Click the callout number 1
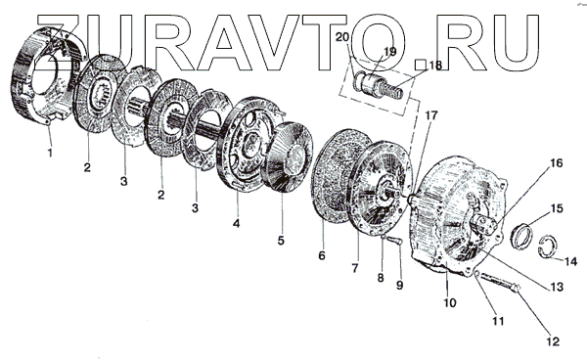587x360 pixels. coord(50,153)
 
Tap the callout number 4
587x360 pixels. coord(236,224)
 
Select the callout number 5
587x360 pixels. coord(281,241)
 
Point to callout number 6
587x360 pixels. coord(322,255)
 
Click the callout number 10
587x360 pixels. coord(450,302)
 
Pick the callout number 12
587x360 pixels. coord(553,341)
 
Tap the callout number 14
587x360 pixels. coord(570,261)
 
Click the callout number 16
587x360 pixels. coord(557,163)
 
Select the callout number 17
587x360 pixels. coord(430,115)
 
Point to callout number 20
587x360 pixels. coord(342,37)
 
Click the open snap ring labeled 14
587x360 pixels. coord(547,247)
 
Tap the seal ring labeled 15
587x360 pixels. coord(521,237)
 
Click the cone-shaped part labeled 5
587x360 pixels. coord(289,157)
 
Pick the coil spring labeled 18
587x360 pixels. coord(393,90)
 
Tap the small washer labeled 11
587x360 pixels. coord(477,275)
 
